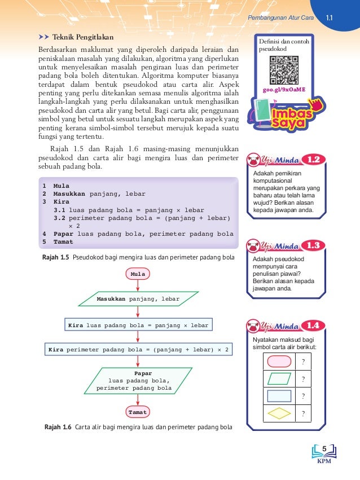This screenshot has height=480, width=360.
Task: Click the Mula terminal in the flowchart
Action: point(138,274)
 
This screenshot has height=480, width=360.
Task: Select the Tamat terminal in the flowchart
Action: point(138,412)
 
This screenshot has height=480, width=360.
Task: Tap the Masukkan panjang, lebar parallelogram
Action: point(138,299)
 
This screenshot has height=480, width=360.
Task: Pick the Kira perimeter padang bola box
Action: point(139,350)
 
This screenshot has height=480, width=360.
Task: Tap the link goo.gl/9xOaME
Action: point(284,89)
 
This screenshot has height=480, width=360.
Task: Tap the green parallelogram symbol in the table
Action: point(278,378)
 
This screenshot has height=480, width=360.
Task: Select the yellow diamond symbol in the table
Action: point(278,413)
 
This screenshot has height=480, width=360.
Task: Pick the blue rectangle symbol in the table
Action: point(278,396)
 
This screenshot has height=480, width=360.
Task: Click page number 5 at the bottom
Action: point(324,448)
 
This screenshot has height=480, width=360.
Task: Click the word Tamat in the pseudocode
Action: point(63,242)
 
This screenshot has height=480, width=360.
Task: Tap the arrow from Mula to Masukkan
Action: point(138,285)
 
